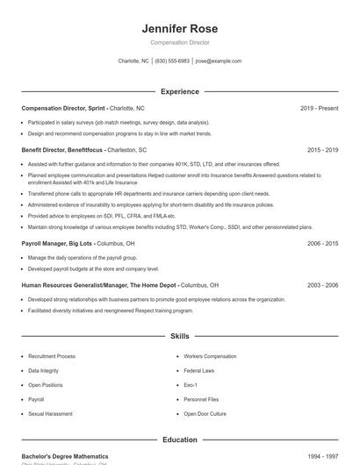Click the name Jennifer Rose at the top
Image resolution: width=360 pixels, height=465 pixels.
pos(179,28)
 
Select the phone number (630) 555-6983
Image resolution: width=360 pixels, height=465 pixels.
pos(172,61)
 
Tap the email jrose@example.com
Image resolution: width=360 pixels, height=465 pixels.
pos(218,61)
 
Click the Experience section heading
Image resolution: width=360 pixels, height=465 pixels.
pos(179,91)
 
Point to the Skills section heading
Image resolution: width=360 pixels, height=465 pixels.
pos(179,336)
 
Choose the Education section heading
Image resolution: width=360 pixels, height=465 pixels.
pos(179,440)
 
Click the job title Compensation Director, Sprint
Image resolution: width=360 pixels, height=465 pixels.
pos(64,108)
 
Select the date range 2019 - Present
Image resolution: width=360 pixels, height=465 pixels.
pos(319,108)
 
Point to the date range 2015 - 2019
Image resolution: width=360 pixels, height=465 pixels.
pos(322,150)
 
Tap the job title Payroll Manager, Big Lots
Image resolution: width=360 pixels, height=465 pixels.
pos(58,243)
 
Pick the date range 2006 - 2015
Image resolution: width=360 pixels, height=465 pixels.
pos(322,243)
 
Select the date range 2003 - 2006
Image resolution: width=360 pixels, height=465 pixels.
pos(322,285)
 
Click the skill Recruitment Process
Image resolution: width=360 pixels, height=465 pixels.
pos(51,356)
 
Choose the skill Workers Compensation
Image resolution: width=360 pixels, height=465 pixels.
pos(210,356)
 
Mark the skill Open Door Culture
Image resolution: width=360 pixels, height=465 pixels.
pos(205,412)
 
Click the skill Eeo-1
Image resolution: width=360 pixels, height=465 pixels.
pos(191,384)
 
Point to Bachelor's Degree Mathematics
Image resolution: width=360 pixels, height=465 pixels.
pos(65,456)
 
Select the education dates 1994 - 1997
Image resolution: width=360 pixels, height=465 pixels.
pos(322,456)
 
